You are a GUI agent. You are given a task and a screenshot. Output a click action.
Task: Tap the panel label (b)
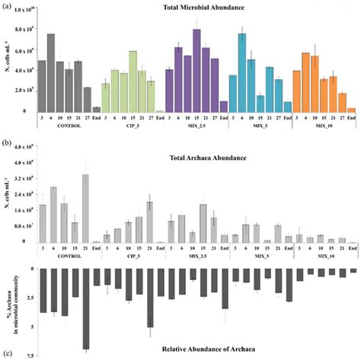(6, 142)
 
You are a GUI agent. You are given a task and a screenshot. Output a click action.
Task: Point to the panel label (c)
(6, 353)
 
